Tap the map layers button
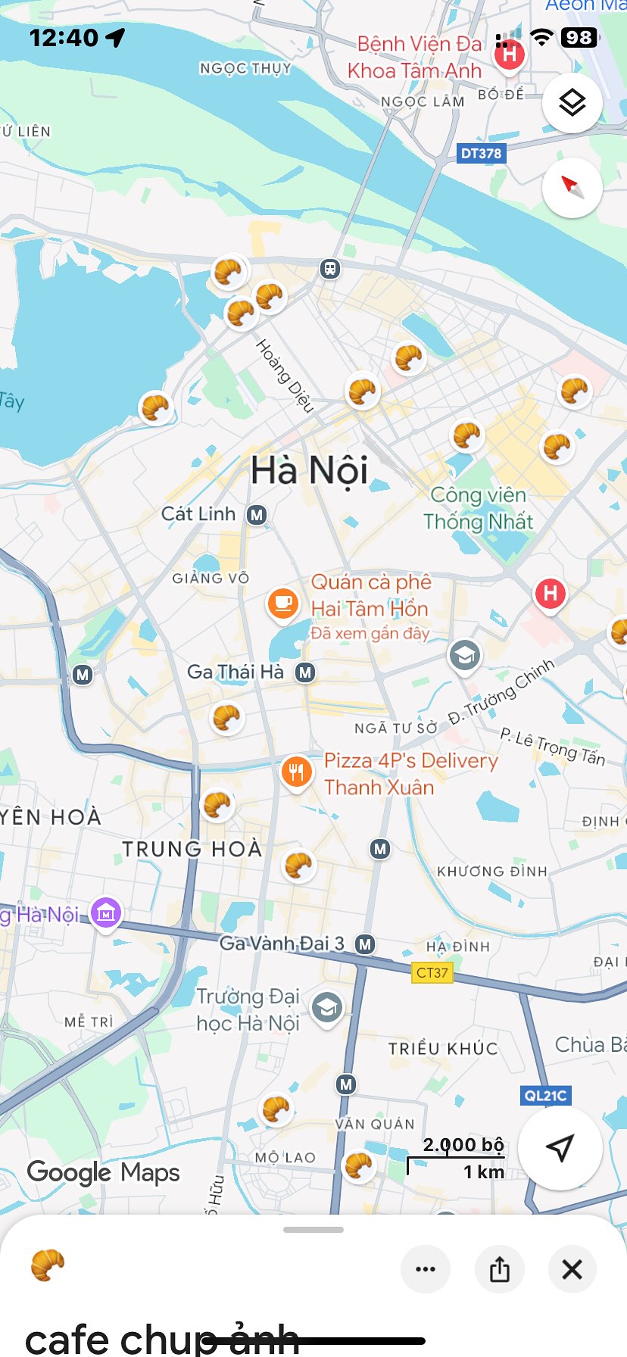coord(572,102)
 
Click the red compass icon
coord(572,187)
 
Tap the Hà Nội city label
coord(309,470)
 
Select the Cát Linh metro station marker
coord(257,515)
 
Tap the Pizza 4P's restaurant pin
coord(296,772)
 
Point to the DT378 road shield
coord(481,153)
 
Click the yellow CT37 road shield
coord(432,972)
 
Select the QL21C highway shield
coord(545,1095)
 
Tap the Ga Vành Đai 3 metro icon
coord(365,944)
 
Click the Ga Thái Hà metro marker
coord(305,672)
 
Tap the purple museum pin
coord(106,913)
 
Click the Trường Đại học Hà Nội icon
coord(327,1008)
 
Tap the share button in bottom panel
coord(499,1268)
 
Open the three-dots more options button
coord(426,1268)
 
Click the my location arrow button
coord(560,1147)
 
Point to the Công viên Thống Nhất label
coord(478,508)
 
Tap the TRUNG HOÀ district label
coord(192,849)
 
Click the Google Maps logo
coord(104,1172)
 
